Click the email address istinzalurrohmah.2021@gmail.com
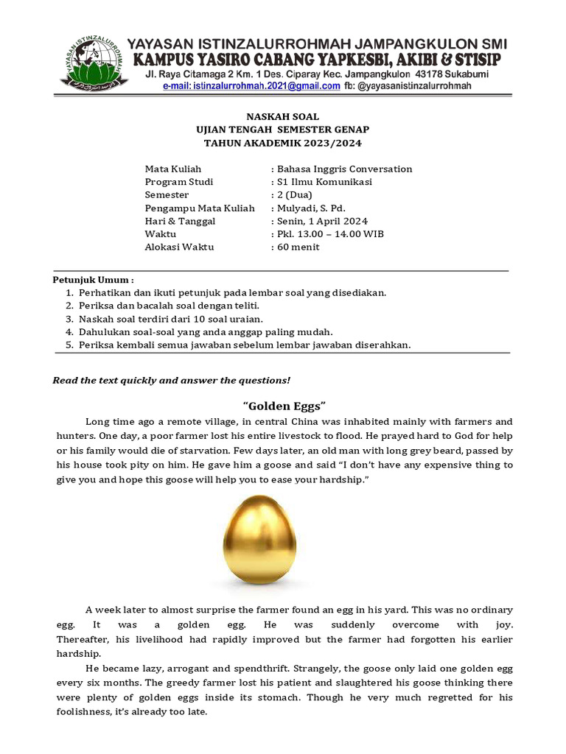coord(251,86)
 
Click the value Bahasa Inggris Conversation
coord(343,169)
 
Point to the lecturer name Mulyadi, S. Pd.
coord(310,208)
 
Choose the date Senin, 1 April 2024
coord(322,221)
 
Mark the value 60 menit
coord(298,247)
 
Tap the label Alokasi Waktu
coord(179,247)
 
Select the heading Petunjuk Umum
coord(92,281)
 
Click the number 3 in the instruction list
coord(69,319)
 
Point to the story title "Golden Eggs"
coord(284,406)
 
